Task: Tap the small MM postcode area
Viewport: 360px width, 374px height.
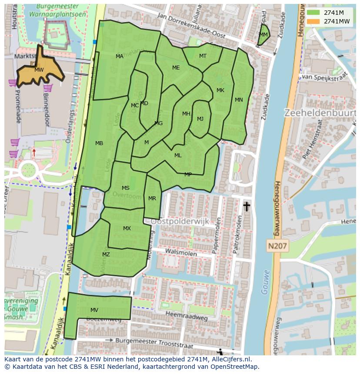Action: point(263,35)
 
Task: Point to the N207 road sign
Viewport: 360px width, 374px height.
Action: point(277,246)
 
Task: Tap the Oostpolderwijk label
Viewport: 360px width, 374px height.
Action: point(180,222)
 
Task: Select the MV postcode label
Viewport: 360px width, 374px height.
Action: point(94,310)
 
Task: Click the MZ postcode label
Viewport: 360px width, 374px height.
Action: point(106,255)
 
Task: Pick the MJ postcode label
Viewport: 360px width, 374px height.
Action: point(200,119)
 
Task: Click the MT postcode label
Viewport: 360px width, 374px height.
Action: point(203,56)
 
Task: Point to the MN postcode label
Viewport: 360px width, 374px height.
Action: point(239,100)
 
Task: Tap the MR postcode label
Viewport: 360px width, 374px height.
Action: point(152,199)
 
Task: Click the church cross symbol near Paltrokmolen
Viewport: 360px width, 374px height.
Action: point(247,206)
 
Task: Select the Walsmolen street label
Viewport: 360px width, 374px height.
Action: point(178,251)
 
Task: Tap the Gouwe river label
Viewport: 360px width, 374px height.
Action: point(265,282)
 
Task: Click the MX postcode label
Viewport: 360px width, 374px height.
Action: point(127,228)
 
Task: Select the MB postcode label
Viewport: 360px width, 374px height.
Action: point(99,143)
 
